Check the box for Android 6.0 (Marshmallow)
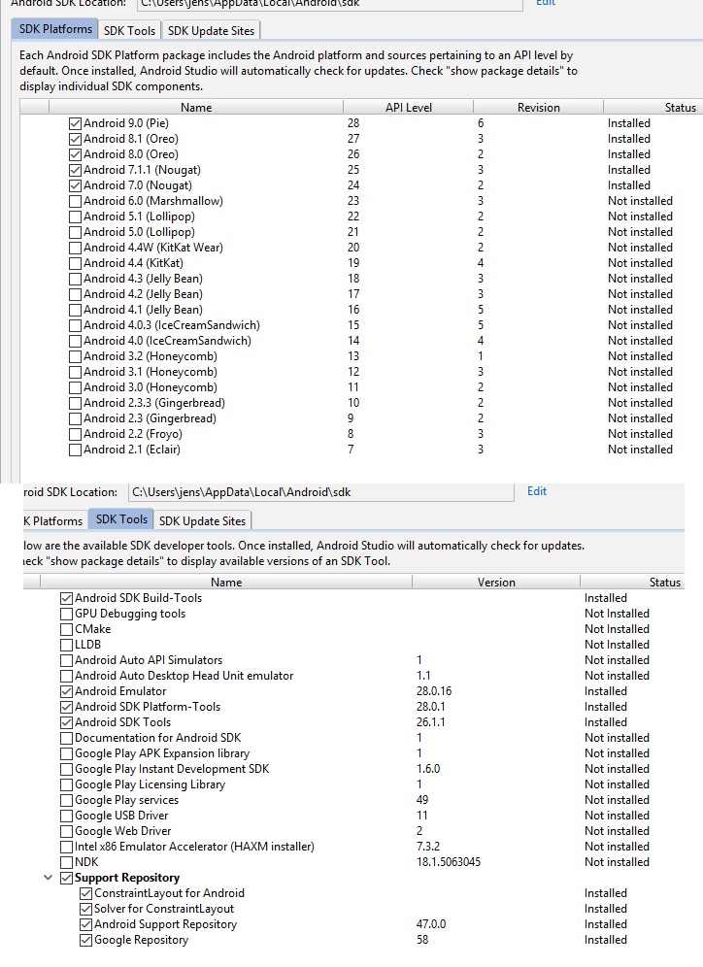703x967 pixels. click(x=76, y=201)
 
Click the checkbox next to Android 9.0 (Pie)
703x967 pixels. click(x=76, y=123)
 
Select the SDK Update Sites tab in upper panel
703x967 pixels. click(x=211, y=31)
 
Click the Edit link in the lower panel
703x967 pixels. click(x=537, y=491)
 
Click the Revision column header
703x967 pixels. click(x=538, y=108)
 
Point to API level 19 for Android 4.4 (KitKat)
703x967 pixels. click(x=353, y=263)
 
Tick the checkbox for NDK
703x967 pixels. click(x=67, y=862)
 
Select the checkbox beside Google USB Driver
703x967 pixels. click(x=67, y=816)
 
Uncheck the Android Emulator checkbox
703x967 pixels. click(x=67, y=691)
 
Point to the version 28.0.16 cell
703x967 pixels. click(x=434, y=691)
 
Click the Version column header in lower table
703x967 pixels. click(x=496, y=583)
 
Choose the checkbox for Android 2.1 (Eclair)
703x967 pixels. click(x=76, y=450)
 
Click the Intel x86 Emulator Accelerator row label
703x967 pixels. click(x=194, y=847)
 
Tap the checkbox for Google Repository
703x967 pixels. click(x=86, y=940)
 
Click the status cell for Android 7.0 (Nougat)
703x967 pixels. click(x=629, y=185)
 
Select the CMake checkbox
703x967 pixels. click(x=67, y=629)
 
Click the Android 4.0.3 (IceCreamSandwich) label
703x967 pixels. click(x=172, y=325)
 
